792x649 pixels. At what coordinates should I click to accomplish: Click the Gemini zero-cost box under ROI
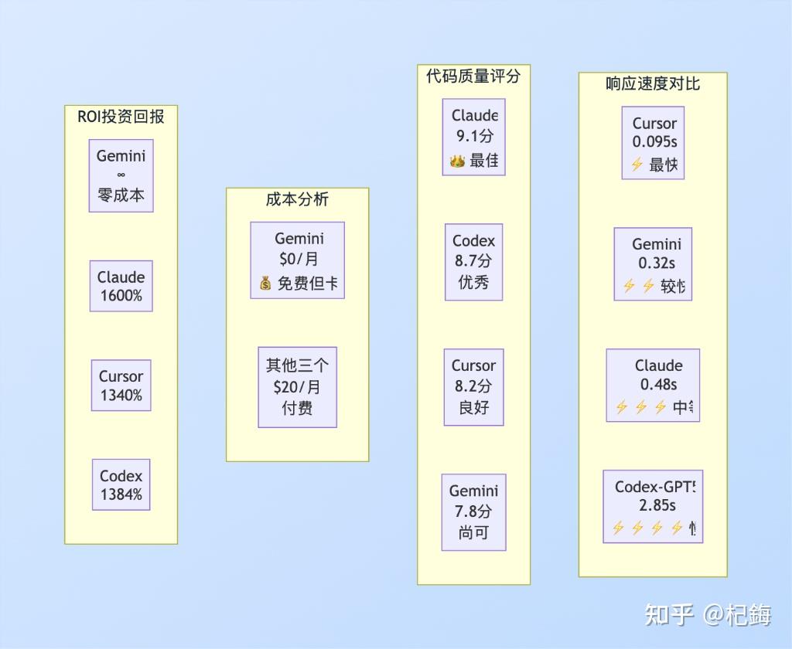121,175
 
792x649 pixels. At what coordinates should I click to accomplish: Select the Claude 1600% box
121,286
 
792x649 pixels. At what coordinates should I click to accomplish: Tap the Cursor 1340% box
121,385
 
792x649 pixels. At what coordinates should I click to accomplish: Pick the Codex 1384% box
121,484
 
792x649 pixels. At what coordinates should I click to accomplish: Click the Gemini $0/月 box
298,260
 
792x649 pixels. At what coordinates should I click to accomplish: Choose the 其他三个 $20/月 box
298,386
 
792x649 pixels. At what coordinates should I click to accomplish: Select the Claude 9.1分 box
473,137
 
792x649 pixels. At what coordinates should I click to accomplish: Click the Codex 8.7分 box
473,262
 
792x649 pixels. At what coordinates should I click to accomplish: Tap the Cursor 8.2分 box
473,386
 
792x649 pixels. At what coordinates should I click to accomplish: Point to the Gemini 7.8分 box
473,511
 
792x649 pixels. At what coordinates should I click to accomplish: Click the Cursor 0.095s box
654,143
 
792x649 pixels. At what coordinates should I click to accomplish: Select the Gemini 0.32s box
654,263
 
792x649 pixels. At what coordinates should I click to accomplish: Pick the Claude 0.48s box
654,385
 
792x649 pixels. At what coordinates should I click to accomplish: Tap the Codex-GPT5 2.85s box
654,506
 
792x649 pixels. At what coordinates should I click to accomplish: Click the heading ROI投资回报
121,117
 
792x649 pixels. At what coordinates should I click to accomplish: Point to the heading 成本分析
297,199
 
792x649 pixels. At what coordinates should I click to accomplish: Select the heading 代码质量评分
473,76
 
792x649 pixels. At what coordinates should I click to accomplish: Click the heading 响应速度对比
653,83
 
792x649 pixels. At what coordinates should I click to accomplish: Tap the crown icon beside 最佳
457,161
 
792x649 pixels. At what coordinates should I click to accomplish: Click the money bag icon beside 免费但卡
265,284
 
